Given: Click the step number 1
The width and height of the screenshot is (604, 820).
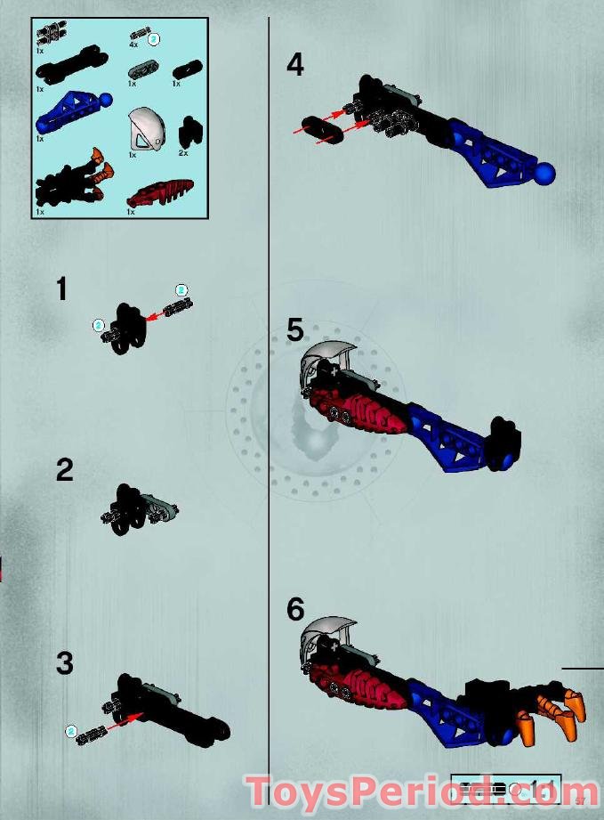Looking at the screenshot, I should [61, 289].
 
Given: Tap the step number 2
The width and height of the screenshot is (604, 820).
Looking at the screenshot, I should [64, 469].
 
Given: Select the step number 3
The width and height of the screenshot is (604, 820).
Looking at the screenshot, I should [64, 663].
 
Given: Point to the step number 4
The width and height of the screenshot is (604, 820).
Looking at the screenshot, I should [294, 65].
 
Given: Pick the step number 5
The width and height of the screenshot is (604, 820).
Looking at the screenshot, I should [295, 329].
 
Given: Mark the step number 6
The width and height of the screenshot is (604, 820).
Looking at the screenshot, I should [295, 610].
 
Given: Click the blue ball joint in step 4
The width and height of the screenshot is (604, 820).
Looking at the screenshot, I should [547, 173].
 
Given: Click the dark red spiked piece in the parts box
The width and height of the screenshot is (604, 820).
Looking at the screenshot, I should [161, 191].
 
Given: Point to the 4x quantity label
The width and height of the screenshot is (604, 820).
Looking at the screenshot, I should [133, 44].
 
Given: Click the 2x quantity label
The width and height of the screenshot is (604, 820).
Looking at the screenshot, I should [183, 152].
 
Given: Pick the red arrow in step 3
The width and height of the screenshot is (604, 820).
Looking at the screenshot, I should [125, 719].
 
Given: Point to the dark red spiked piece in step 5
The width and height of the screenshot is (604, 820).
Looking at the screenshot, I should [369, 415].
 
